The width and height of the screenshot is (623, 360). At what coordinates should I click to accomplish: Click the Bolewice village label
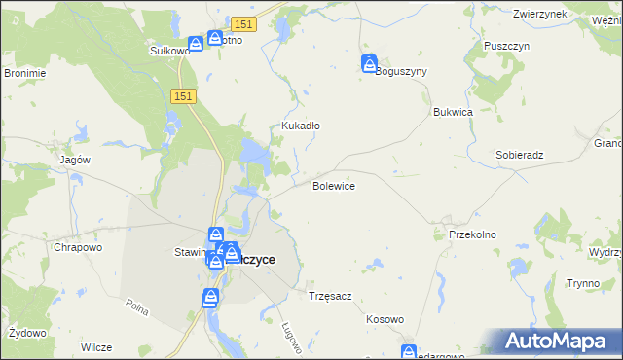[x=333, y=186]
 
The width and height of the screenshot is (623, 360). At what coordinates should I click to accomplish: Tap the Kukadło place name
[x=301, y=126]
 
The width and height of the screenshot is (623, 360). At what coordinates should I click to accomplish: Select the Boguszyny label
[x=401, y=71]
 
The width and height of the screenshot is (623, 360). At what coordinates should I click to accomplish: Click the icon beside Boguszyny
[x=370, y=64]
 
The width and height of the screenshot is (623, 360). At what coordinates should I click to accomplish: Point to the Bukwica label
[x=453, y=112]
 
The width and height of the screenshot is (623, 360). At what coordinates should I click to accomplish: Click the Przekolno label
[x=473, y=234]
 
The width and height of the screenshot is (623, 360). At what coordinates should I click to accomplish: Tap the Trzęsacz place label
[x=329, y=295]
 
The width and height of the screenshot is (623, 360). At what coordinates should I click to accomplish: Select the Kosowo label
[x=385, y=319]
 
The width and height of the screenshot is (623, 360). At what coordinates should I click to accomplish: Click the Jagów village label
[x=75, y=160]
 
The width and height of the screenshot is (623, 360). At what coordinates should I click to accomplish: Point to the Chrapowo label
[x=78, y=247]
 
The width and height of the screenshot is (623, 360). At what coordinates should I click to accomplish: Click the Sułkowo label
[x=168, y=51]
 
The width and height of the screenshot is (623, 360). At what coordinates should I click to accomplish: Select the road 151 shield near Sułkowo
[x=243, y=22]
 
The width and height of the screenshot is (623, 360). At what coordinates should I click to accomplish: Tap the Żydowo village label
[x=26, y=333]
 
